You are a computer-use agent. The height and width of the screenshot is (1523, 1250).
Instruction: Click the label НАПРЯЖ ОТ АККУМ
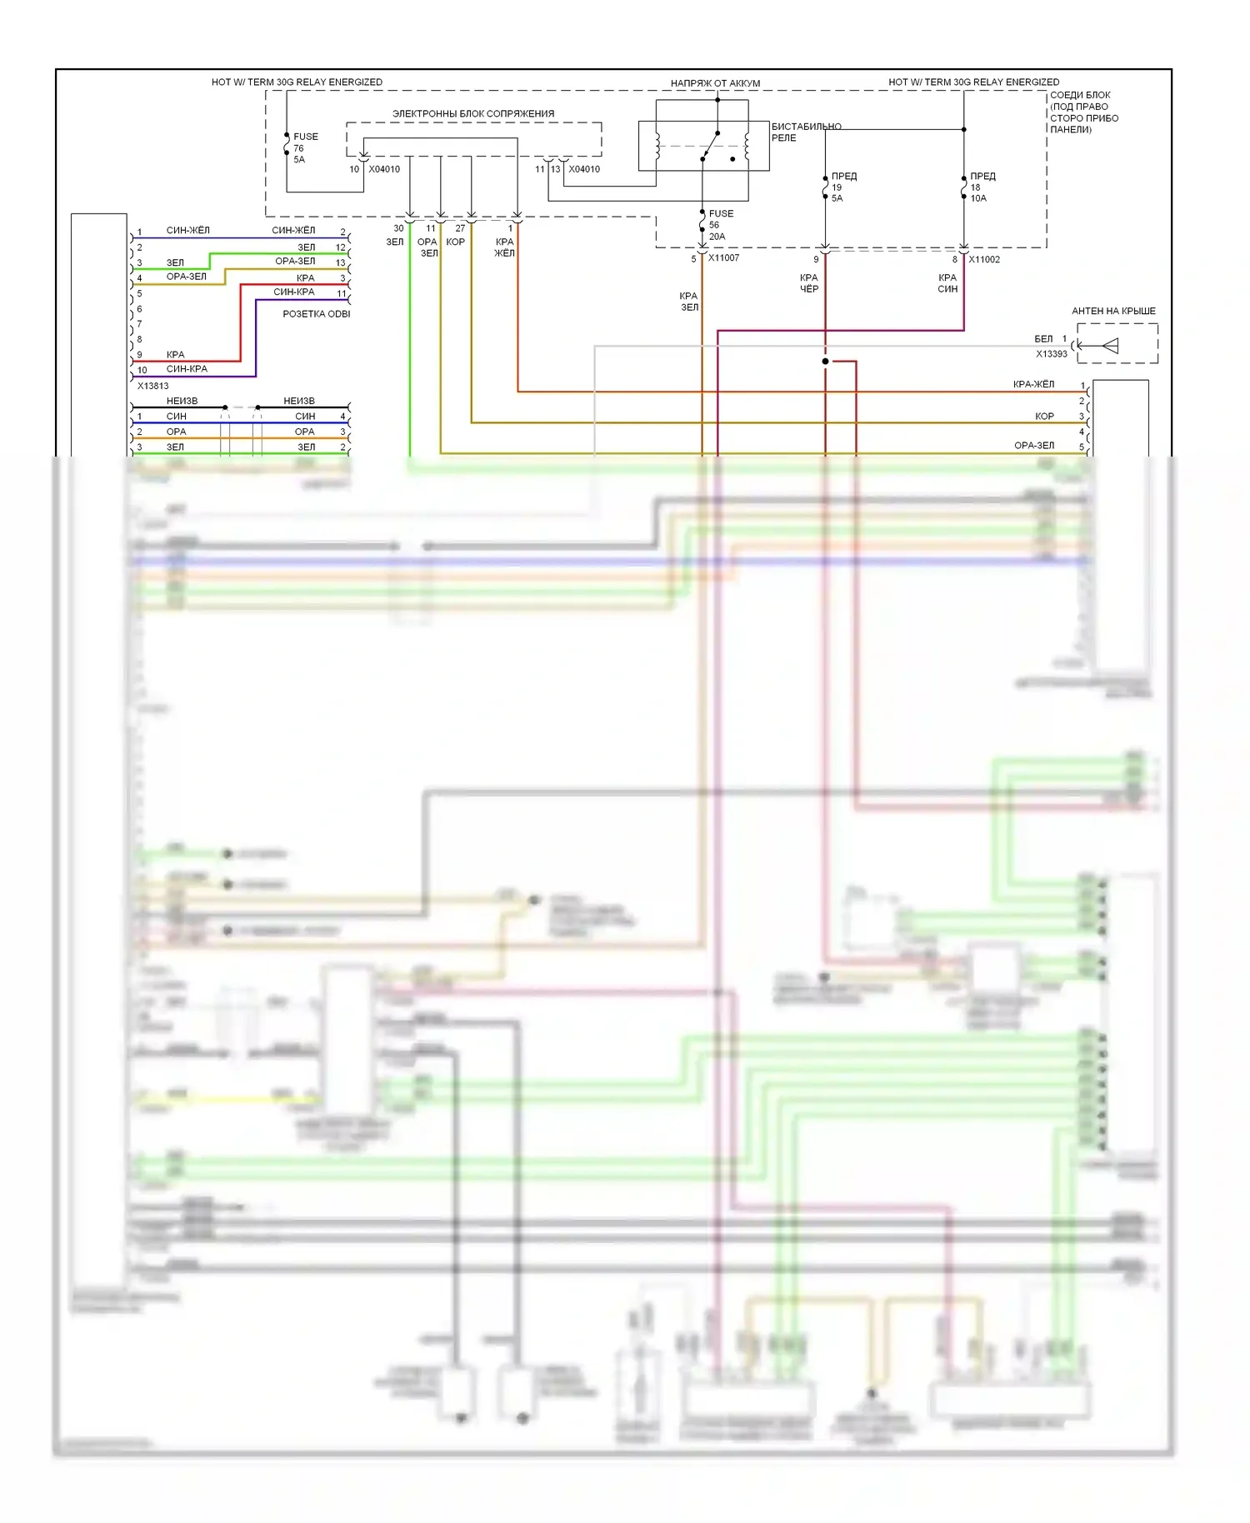tap(715, 83)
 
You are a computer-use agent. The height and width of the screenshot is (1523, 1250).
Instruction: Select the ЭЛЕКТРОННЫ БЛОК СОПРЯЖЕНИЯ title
tap(473, 113)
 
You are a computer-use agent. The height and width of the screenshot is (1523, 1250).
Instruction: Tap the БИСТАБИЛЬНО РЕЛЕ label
tap(805, 132)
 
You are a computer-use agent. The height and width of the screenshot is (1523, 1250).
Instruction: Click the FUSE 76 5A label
tap(305, 147)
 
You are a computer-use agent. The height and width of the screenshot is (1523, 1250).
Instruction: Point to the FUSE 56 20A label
tap(721, 225)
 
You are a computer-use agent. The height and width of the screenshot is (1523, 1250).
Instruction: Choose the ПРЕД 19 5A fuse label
tap(843, 187)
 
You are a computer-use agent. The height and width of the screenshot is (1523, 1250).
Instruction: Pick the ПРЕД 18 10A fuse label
tap(982, 187)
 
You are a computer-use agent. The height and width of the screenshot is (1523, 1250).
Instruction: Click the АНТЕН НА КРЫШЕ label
tap(1113, 311)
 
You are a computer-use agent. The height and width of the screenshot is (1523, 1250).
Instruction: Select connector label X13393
tap(1051, 354)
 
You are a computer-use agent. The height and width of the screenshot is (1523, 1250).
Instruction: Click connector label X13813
tap(152, 386)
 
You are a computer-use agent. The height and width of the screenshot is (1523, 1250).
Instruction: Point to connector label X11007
tap(723, 258)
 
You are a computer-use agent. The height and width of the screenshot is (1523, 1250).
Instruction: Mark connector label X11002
tap(984, 259)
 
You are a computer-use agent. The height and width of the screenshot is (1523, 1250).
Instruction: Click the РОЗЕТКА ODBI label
tap(316, 314)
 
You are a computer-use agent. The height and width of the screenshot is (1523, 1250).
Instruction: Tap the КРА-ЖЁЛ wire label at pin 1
tap(1033, 384)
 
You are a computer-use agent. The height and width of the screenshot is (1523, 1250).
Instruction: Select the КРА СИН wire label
tap(947, 283)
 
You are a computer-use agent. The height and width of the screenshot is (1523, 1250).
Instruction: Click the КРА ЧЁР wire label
tap(809, 283)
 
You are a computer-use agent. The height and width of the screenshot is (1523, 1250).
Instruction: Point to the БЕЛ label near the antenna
tap(1043, 339)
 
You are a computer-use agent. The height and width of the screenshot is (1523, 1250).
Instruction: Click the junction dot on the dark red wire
tap(825, 362)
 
